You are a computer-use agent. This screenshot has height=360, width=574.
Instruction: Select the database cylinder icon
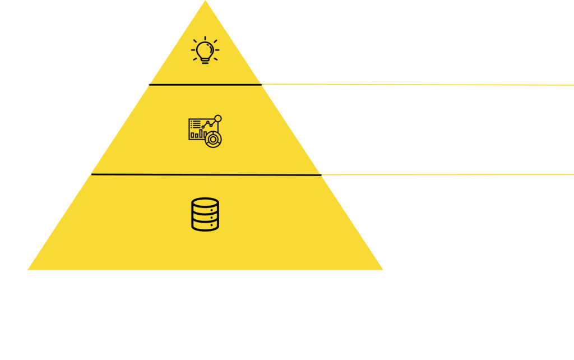(205, 214)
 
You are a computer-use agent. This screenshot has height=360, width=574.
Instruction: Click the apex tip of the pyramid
(205, 2)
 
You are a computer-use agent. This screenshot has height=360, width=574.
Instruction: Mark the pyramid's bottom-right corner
(382, 269)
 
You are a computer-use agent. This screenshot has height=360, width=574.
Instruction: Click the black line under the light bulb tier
(205, 85)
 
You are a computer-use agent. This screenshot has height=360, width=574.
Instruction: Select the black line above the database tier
(205, 174)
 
